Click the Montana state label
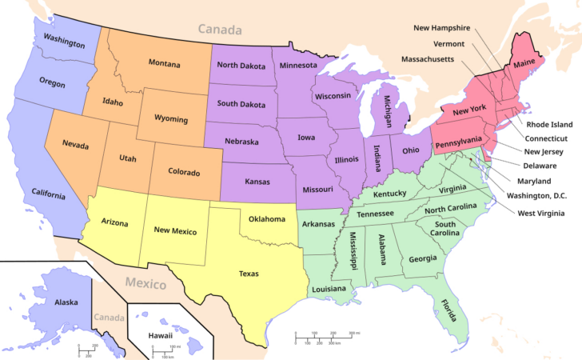(164, 62)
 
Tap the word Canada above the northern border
(220, 30)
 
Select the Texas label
(249, 274)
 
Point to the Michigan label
(388, 107)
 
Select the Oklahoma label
(267, 218)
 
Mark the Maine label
(524, 63)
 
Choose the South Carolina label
(445, 229)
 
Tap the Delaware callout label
(540, 166)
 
